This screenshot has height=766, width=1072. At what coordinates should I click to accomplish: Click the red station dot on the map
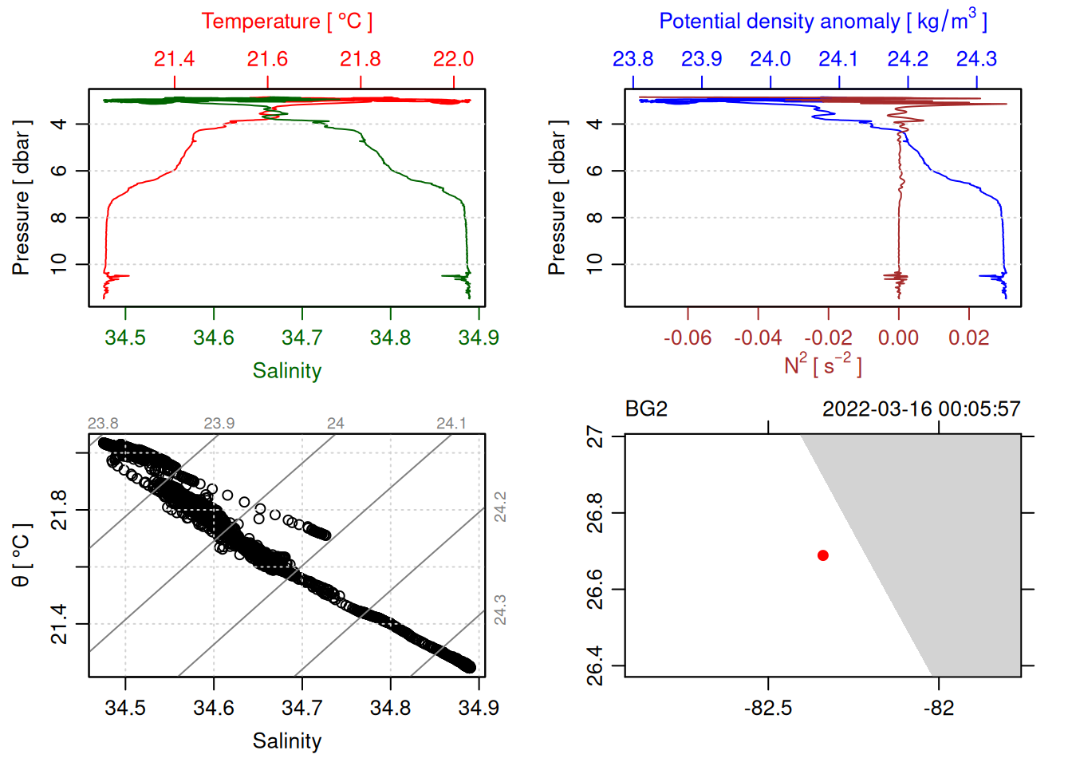point(822,555)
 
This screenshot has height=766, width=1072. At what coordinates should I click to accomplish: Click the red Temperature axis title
point(286,22)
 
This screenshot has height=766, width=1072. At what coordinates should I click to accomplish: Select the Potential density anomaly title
point(822,22)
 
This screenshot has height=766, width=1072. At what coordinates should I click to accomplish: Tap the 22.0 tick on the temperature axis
point(453,59)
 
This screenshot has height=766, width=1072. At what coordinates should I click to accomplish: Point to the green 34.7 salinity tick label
point(301,338)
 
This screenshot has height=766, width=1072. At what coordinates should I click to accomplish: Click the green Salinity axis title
point(286,371)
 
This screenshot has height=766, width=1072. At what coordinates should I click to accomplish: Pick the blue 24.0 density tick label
point(770,59)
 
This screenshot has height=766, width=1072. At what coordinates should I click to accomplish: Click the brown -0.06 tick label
point(688,338)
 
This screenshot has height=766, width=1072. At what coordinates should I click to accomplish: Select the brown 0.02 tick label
point(968,338)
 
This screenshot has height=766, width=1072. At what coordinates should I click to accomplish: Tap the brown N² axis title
point(822,365)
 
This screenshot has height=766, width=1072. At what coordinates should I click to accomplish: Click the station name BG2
point(646,409)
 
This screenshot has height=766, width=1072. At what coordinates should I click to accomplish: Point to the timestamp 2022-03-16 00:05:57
point(921,409)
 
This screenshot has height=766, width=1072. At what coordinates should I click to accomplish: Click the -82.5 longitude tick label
point(768,708)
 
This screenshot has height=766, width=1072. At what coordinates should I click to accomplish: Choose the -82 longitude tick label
point(939,708)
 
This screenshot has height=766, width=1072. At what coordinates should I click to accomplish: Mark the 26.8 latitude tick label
point(595,513)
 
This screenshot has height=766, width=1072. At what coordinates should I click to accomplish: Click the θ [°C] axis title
point(22,555)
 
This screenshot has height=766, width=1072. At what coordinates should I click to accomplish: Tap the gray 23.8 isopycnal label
point(103,424)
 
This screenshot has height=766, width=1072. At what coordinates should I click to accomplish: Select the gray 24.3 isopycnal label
point(500,610)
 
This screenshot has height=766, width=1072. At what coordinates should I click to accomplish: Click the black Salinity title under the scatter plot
point(286,741)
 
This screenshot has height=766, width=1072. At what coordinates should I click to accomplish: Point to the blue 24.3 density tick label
point(976,59)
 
